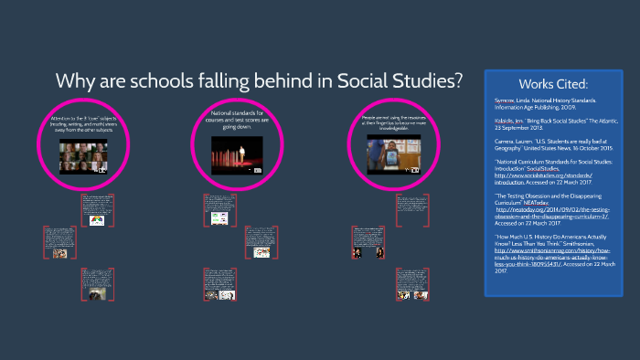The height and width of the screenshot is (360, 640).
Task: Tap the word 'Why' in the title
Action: [76, 80]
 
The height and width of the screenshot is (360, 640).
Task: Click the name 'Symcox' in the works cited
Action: [504, 101]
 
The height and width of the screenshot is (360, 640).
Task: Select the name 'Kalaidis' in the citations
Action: [506, 120]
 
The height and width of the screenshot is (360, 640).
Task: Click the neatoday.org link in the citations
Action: [551, 208]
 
